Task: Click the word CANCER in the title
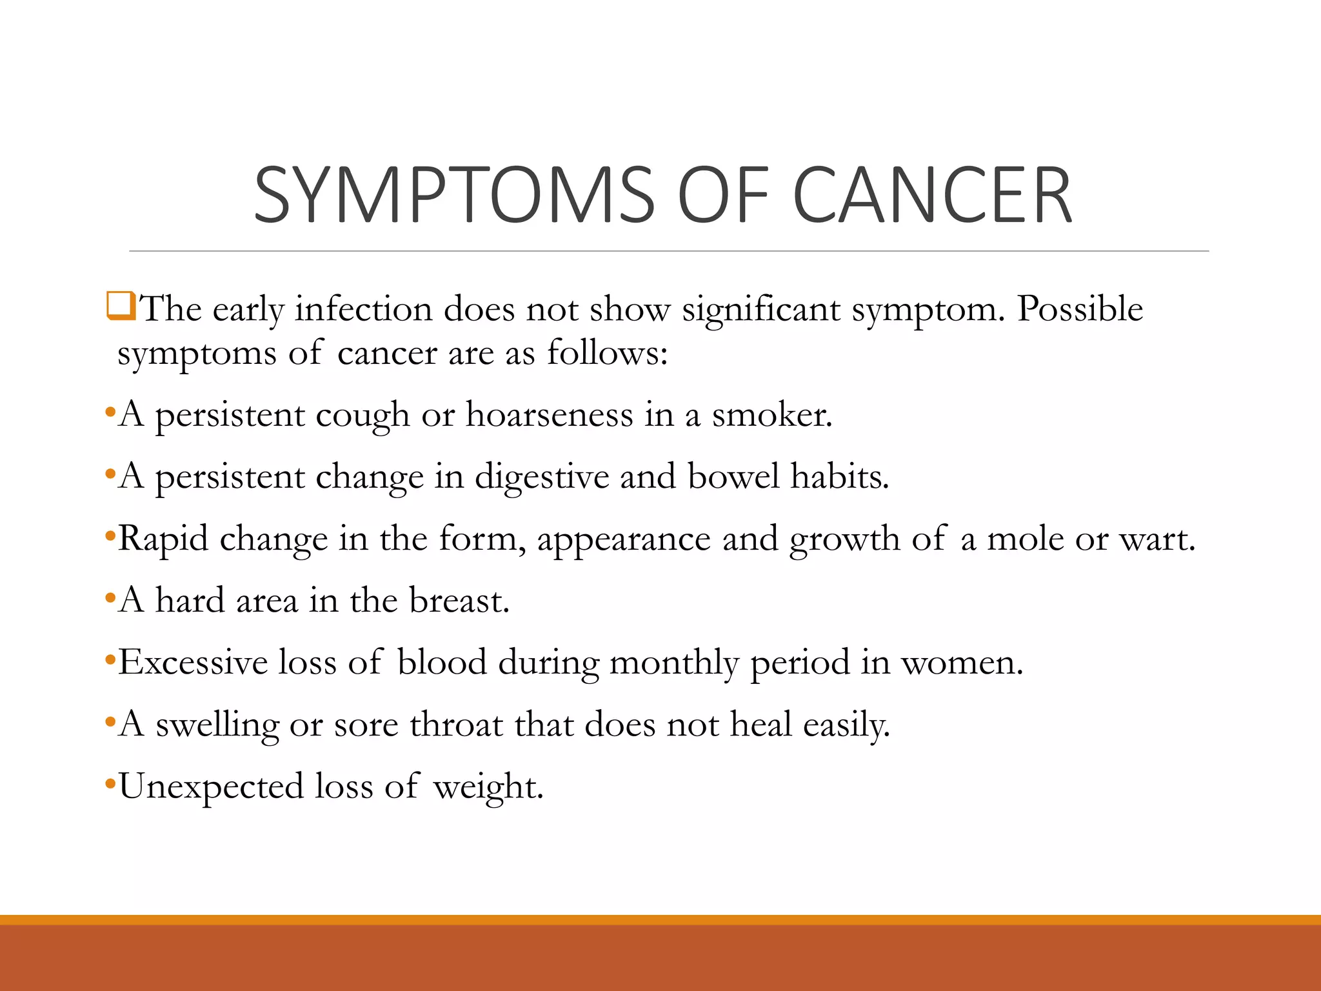pyautogui.click(x=931, y=195)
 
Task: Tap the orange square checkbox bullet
pyautogui.click(x=121, y=306)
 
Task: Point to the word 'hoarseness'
pyautogui.click(x=550, y=414)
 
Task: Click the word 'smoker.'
pyautogui.click(x=772, y=414)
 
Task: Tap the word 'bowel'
pyautogui.click(x=733, y=476)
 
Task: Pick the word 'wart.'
pyautogui.click(x=1157, y=538)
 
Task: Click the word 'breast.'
pyautogui.click(x=459, y=600)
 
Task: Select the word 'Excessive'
pyautogui.click(x=193, y=662)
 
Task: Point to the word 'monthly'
pyautogui.click(x=673, y=663)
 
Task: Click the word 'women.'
pyautogui.click(x=962, y=663)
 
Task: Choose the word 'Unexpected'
pyautogui.click(x=211, y=787)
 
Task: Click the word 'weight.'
pyautogui.click(x=488, y=787)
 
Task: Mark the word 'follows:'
pyautogui.click(x=607, y=352)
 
